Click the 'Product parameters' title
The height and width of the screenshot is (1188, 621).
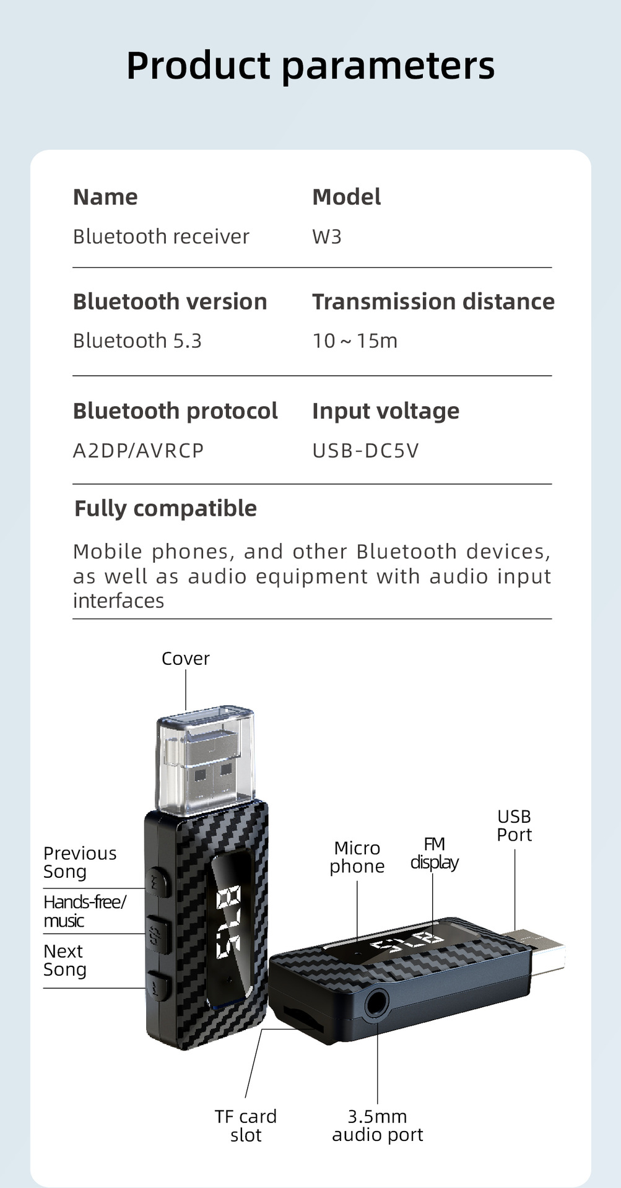310,66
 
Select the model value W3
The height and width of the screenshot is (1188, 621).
327,236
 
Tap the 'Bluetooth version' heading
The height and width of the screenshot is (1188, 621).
170,301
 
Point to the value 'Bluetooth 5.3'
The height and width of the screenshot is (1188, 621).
137,340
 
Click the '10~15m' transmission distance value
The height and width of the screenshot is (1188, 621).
355,340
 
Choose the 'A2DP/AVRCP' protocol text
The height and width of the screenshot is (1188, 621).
138,450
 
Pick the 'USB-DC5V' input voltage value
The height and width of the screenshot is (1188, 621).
365,450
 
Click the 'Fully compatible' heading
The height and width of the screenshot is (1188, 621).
165,508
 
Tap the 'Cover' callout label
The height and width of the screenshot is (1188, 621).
185,658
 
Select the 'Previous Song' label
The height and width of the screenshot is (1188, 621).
79,862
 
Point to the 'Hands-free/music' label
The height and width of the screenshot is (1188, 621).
84,911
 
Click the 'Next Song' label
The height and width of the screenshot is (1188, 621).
64,960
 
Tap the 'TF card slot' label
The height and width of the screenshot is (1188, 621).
246,1125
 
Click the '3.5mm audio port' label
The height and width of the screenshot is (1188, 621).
377,1125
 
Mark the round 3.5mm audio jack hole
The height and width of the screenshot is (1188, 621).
376,1002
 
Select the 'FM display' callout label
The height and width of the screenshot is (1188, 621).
434,852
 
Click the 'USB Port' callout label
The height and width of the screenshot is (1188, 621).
514,825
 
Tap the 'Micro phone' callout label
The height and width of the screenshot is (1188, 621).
357,857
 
